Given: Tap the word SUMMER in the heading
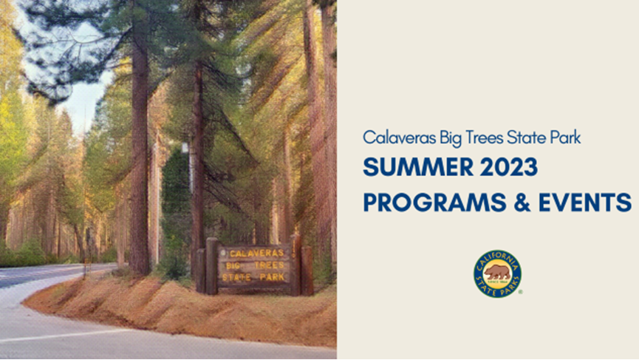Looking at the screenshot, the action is [418, 167].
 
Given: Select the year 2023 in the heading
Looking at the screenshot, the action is [508, 167].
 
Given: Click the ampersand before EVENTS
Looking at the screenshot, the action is [522, 203].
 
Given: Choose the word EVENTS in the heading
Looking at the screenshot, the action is [585, 203].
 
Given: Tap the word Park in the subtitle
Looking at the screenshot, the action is [565, 137].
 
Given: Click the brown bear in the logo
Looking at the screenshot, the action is [497, 272].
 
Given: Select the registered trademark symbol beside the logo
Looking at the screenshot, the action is [520, 292].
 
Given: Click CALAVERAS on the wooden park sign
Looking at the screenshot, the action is [256, 254].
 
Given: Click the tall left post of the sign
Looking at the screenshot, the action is [211, 266].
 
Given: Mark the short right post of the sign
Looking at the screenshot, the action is [307, 271].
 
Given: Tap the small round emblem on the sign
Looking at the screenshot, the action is [223, 253].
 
